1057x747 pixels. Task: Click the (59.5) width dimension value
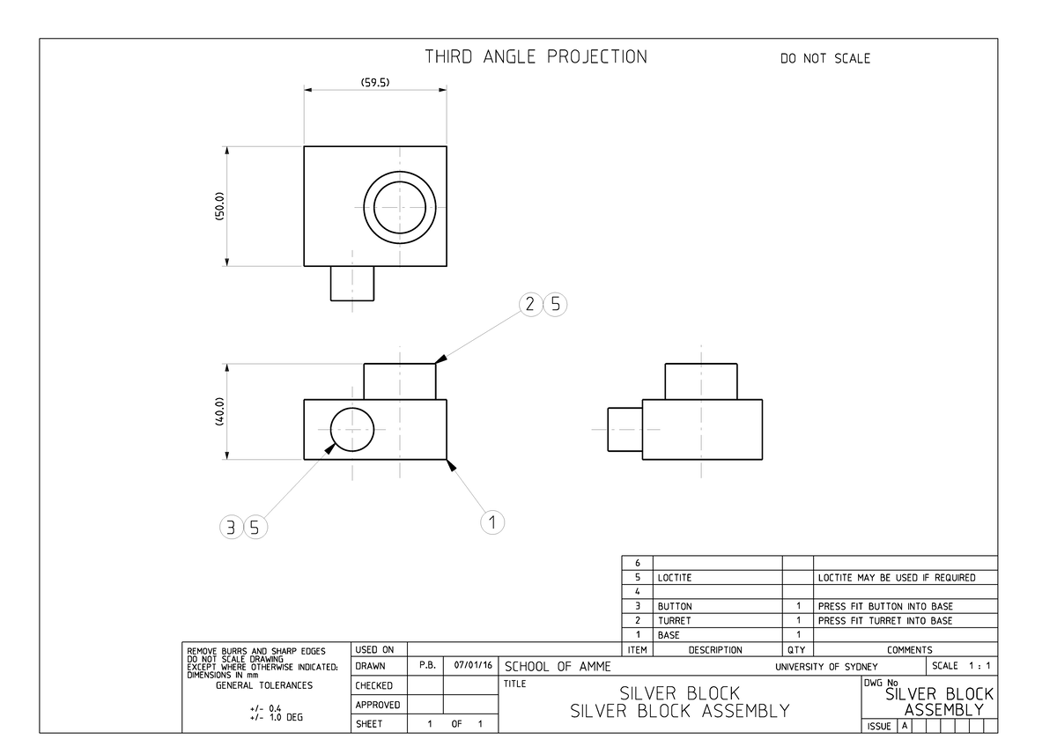pyautogui.click(x=375, y=83)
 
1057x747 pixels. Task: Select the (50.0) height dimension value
pyautogui.click(x=220, y=205)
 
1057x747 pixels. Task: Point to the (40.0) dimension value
pyautogui.click(x=220, y=411)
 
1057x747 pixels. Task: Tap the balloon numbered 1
pyautogui.click(x=492, y=521)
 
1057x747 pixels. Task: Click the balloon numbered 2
pyautogui.click(x=529, y=305)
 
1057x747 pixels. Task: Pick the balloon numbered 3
pyautogui.click(x=231, y=528)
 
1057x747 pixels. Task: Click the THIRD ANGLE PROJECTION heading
pyautogui.click(x=536, y=57)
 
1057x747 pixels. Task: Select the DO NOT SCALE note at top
pyautogui.click(x=824, y=59)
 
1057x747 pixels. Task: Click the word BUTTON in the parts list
pyautogui.click(x=675, y=607)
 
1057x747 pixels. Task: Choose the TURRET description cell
pyautogui.click(x=675, y=621)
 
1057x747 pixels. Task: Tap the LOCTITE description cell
pyautogui.click(x=675, y=578)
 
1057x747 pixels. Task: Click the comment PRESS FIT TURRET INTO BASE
pyautogui.click(x=884, y=621)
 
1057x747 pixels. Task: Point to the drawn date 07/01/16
pyautogui.click(x=470, y=666)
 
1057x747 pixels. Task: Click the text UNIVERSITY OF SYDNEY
pyautogui.click(x=826, y=667)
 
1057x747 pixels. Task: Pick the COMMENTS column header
pyautogui.click(x=904, y=650)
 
